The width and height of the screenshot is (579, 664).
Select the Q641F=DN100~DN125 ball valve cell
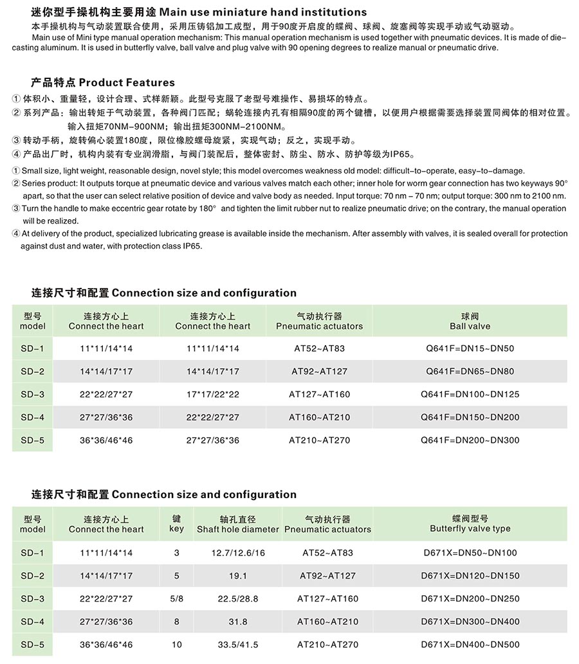470,394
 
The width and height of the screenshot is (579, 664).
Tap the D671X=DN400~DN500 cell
470,645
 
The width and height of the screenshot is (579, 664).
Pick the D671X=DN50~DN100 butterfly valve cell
470,553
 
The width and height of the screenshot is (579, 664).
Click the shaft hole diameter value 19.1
237,576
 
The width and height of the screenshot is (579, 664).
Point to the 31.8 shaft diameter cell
237,622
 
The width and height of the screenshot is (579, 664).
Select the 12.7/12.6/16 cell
237,553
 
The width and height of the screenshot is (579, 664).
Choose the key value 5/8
176,598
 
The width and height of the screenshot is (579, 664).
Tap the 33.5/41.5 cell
237,645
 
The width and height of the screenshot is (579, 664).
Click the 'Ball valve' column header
470,321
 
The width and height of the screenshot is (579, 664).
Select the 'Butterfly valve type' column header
470,524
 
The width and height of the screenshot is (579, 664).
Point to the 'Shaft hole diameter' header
237,525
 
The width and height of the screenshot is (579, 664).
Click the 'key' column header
176,524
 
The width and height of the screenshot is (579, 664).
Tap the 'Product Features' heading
103,82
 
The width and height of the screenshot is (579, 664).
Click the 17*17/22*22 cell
212,394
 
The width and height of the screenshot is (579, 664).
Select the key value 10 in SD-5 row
176,645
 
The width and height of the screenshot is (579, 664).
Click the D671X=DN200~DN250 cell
470,598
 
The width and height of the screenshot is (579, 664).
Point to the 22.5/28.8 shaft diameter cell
237,598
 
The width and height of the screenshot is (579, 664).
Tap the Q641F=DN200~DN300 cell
470,440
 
